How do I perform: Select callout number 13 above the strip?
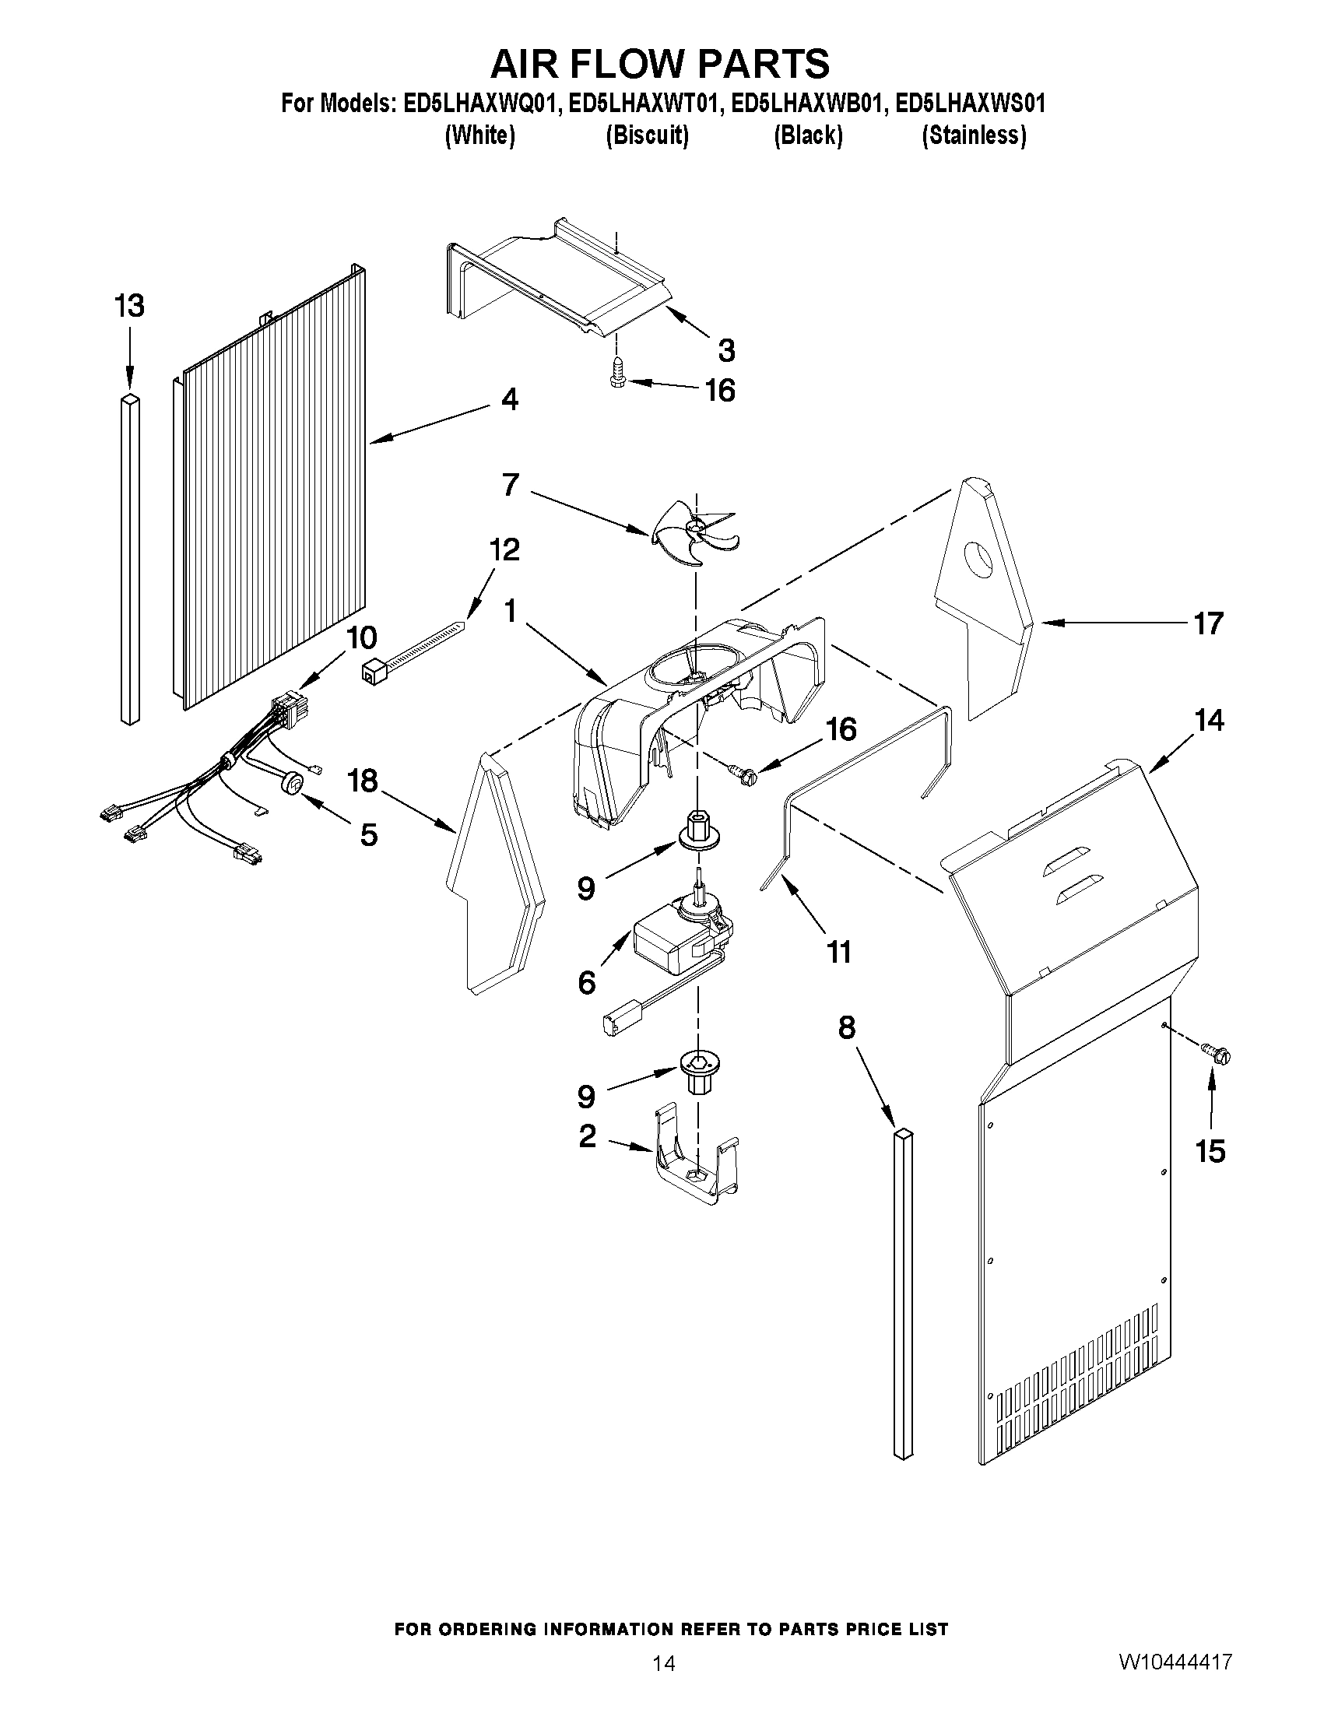129,306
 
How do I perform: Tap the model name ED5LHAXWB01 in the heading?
808,104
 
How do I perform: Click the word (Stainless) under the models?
974,135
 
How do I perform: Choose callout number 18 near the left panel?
363,781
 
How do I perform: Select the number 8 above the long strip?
846,1027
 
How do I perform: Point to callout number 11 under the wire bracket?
838,952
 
